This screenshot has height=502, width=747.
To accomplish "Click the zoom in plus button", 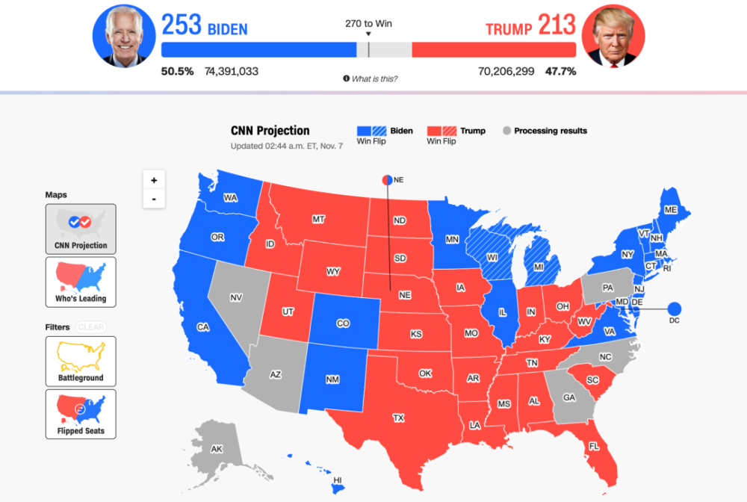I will tap(154, 180).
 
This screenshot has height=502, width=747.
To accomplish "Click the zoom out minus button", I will tap(154, 199).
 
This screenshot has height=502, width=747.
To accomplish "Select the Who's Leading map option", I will tap(81, 282).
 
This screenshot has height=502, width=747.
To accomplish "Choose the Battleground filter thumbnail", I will tap(81, 361).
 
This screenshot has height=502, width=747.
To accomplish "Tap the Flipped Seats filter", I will tap(81, 414).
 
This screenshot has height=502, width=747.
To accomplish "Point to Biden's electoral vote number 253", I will tap(182, 26).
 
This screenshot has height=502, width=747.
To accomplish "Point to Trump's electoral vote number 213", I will tap(557, 26).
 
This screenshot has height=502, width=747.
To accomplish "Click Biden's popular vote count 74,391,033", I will tap(232, 72).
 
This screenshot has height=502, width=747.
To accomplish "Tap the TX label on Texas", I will tap(398, 418).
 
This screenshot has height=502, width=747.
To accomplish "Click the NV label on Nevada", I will tap(236, 298).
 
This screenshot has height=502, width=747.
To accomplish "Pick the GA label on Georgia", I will tap(569, 397).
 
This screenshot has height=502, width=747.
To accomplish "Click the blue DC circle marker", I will tap(675, 308).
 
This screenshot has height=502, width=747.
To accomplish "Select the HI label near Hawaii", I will tap(338, 480).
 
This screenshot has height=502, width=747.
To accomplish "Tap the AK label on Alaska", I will tap(217, 450).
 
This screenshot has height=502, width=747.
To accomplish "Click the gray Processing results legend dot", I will tap(506, 131).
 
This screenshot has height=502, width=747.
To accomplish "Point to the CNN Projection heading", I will tap(270, 131).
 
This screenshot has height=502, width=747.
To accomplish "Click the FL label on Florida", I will tap(594, 446).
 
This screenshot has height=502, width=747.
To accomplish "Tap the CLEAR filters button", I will tap(91, 327).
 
